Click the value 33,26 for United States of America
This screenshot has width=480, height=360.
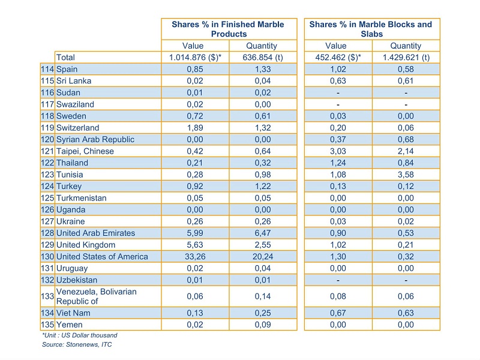click(x=195, y=257)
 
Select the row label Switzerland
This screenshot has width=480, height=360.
click(x=78, y=128)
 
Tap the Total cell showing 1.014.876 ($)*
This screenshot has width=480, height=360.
click(x=195, y=57)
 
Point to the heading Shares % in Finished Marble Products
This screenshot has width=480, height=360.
click(x=228, y=29)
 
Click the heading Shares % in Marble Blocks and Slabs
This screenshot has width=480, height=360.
click(x=371, y=29)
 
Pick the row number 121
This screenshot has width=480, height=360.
click(x=47, y=151)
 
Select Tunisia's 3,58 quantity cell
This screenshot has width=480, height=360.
click(x=406, y=175)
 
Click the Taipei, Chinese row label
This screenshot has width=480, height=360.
click(x=85, y=151)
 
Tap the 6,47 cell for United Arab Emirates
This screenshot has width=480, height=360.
click(x=263, y=233)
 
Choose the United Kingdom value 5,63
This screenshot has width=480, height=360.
click(x=195, y=245)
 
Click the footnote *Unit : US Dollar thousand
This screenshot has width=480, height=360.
click(x=80, y=335)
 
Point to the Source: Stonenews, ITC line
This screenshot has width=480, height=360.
click(x=77, y=344)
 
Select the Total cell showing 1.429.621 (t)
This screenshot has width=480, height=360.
click(x=406, y=57)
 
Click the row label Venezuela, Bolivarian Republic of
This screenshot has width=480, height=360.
click(x=97, y=296)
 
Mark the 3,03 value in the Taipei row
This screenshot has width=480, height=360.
click(x=338, y=151)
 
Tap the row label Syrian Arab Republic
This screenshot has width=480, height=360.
click(x=95, y=139)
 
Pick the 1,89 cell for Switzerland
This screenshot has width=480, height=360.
click(x=195, y=128)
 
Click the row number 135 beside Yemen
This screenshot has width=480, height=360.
click(x=47, y=325)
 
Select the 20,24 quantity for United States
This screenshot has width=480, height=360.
click(x=263, y=257)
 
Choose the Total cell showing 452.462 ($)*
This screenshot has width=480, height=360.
click(x=338, y=57)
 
